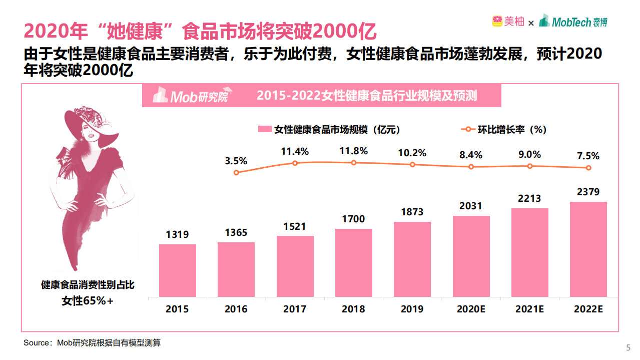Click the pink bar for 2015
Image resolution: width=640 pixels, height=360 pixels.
(177, 270)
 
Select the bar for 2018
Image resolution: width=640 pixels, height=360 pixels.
(353, 262)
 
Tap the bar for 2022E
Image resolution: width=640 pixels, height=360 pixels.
(588, 249)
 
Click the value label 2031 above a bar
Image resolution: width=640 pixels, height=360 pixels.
(470, 206)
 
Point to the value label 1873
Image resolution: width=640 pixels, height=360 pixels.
(412, 212)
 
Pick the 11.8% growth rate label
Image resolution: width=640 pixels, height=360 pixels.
(353, 151)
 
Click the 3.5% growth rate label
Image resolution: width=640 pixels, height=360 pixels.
(236, 161)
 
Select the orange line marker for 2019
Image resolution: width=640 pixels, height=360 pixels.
(412, 165)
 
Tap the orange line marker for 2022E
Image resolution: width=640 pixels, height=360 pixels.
(588, 168)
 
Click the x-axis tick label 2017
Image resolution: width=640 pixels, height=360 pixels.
(295, 309)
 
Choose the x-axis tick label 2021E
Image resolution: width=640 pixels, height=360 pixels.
(529, 309)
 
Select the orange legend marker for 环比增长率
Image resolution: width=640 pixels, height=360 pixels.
(467, 129)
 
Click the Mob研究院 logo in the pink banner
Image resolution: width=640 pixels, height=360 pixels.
(190, 96)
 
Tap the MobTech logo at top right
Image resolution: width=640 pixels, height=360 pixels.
(573, 22)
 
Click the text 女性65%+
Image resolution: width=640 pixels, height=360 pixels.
(88, 300)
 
